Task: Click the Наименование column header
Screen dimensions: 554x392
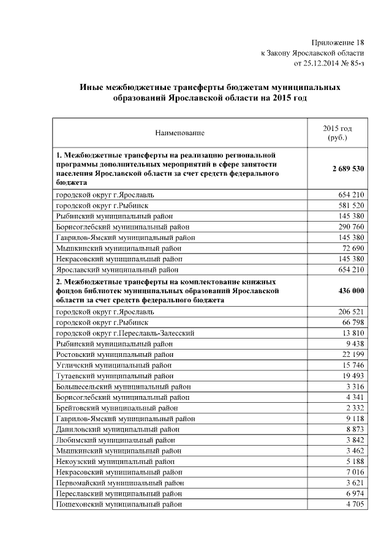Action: [179, 132]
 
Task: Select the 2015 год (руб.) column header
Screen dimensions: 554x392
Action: [337, 133]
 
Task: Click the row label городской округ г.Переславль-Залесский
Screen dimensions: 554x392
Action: [126, 333]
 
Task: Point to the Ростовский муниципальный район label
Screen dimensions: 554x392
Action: [116, 354]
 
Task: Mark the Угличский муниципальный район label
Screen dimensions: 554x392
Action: [115, 365]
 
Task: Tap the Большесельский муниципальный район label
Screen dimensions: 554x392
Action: [123, 386]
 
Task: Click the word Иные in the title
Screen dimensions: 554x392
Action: [93, 88]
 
